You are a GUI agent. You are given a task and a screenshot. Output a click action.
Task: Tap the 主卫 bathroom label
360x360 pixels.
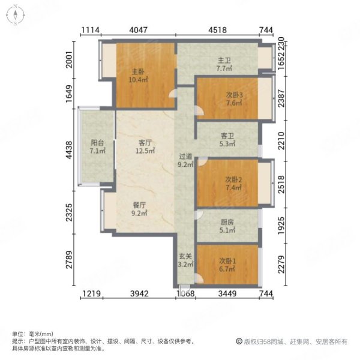point(224,60)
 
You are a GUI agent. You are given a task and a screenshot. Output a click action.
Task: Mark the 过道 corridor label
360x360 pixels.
point(184,155)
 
